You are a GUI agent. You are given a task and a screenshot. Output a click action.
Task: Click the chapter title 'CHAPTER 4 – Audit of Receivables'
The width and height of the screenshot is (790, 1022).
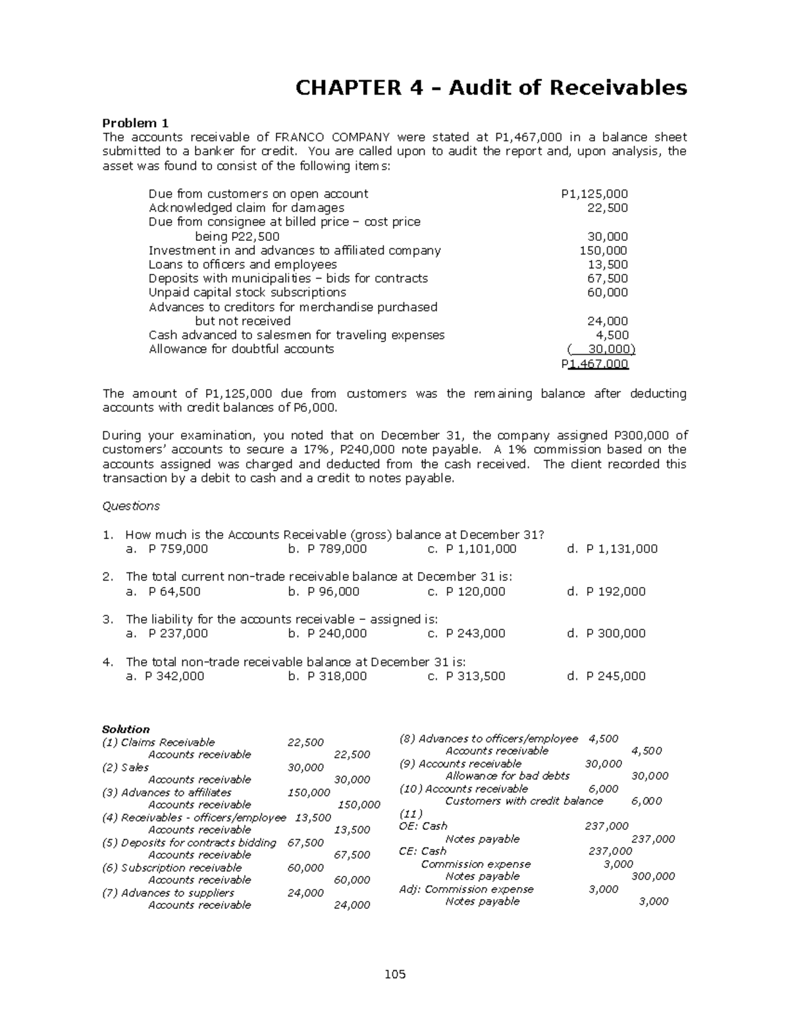point(490,88)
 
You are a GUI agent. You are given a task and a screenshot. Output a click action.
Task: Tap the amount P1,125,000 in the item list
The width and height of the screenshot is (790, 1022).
point(594,193)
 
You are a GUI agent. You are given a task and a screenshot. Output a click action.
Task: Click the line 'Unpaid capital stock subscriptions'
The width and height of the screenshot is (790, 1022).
point(247,292)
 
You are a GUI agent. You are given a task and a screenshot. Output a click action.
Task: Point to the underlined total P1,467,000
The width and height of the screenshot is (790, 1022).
point(594,364)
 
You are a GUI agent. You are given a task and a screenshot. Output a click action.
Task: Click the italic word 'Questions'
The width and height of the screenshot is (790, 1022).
point(131,506)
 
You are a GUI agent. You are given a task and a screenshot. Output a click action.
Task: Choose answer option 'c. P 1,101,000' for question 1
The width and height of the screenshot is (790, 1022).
point(472,549)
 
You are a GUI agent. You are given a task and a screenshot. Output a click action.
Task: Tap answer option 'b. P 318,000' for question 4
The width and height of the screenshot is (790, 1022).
point(327,676)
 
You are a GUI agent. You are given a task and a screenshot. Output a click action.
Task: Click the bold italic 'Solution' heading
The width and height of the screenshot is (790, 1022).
point(126,729)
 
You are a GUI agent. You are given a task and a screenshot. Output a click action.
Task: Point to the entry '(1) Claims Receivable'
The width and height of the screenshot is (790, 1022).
point(159,742)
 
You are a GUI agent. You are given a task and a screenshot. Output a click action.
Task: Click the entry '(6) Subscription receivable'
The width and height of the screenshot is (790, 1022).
point(172,867)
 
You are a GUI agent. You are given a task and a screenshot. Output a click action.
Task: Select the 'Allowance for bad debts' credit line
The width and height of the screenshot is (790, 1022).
point(507,776)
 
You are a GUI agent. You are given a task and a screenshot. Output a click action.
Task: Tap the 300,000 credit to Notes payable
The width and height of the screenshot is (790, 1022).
point(652,877)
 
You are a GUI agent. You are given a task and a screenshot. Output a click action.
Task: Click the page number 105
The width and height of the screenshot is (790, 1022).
point(395,974)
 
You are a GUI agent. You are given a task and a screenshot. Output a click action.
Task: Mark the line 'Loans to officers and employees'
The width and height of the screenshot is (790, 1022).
point(242,265)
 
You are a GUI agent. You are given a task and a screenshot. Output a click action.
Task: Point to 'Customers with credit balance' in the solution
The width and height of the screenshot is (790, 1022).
point(524,801)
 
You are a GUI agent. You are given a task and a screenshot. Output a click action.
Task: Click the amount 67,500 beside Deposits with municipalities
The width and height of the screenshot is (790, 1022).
point(607,278)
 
